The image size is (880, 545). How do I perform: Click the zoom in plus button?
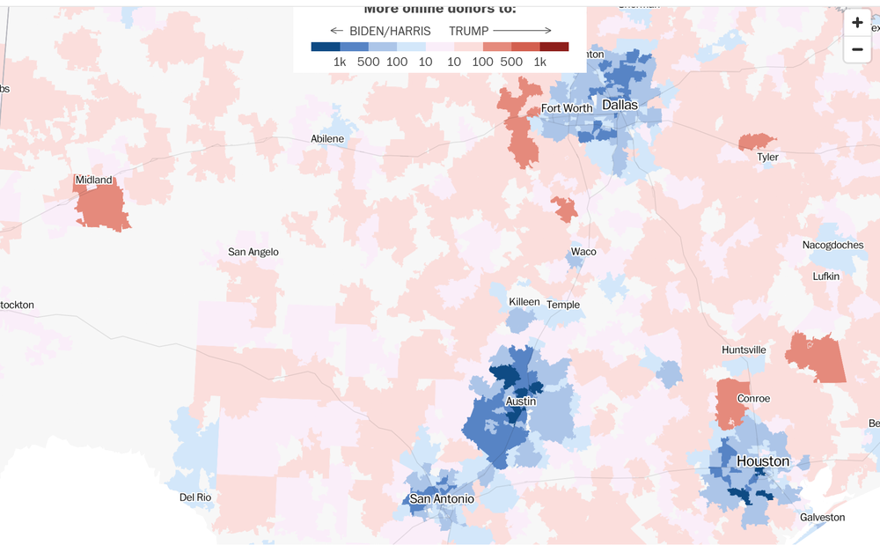point(857,23)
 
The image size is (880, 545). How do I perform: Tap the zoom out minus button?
point(857,50)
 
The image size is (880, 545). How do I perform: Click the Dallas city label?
point(620,105)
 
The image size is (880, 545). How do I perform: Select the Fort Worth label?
point(567,108)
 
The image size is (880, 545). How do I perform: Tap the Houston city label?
point(763,461)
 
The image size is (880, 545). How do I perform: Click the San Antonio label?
point(442,499)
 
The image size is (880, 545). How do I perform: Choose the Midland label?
point(93,180)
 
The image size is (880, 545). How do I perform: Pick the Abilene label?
point(327,139)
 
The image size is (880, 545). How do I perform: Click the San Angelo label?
point(253,252)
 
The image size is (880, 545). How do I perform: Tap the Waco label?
point(583,252)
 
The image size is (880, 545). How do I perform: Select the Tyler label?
point(767,158)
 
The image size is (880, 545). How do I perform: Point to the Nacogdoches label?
point(832,245)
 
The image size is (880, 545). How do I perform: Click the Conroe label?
point(753,399)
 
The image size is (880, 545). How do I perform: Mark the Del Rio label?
point(195,497)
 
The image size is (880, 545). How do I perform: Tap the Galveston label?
point(822,518)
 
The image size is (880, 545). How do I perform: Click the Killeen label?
point(524,302)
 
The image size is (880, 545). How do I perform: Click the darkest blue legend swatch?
point(326,47)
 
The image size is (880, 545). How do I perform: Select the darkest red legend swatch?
point(554,47)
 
